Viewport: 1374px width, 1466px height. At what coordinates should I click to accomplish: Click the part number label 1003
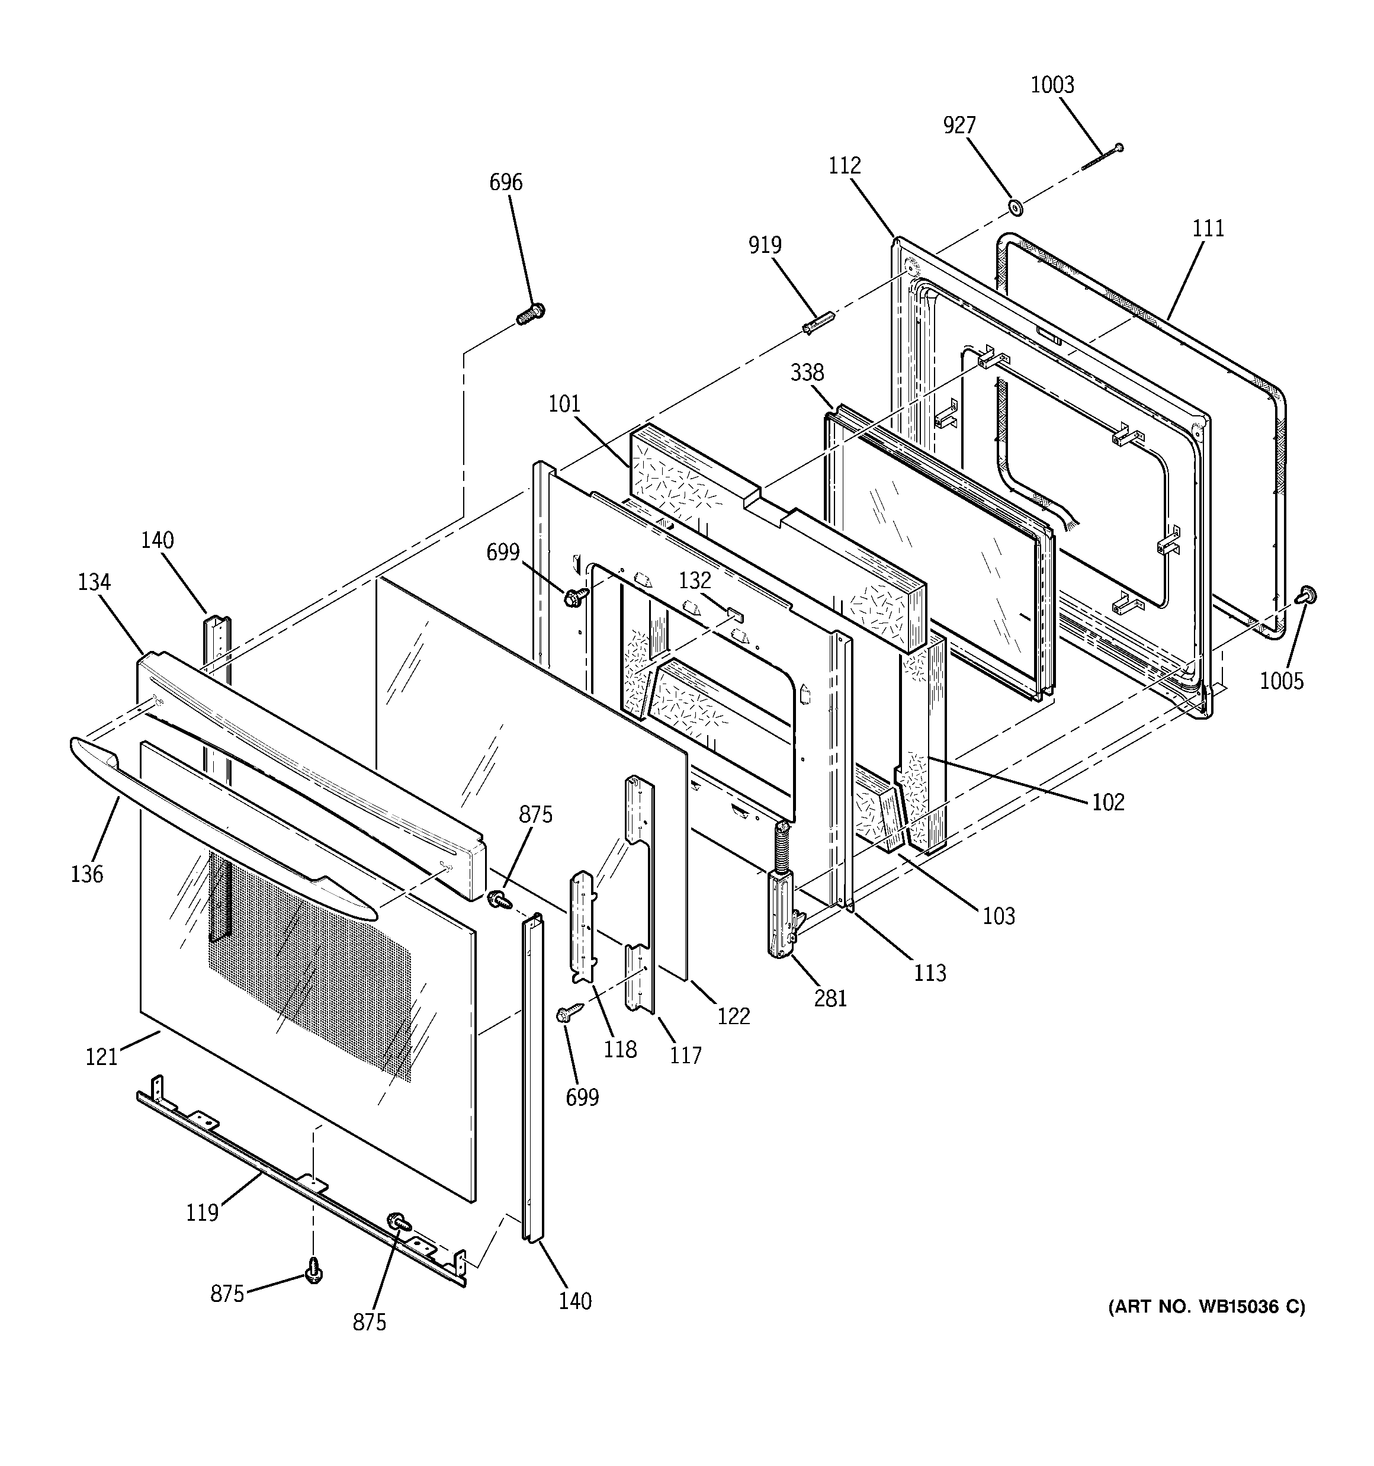pos(1052,85)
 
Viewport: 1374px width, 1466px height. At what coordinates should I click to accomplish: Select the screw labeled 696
pos(529,315)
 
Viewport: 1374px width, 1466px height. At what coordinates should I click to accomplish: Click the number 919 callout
pos(765,245)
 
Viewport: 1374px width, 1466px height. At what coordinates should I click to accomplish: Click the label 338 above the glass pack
pos(807,373)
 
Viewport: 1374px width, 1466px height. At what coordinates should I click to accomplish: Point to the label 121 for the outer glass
pos(101,1057)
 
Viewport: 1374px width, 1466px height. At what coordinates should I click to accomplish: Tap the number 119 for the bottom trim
pos(202,1212)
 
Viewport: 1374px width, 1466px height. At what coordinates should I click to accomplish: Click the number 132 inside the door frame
pos(695,580)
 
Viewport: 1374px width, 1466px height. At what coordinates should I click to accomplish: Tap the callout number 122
pos(733,1016)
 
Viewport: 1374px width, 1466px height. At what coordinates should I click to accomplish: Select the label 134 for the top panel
pos(94,583)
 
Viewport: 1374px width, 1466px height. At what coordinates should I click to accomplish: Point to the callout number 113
pos(930,973)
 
